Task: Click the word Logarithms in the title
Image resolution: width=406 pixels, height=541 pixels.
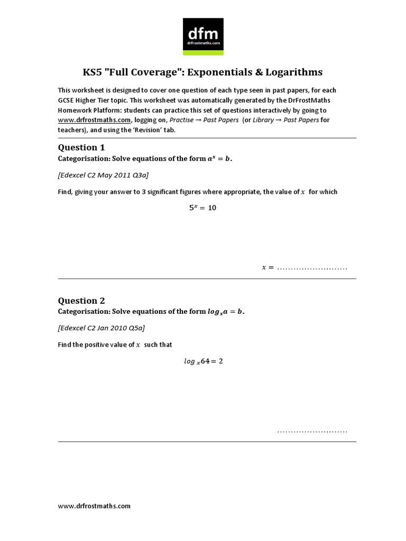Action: [292, 72]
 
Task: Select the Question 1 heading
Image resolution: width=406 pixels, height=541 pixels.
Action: [78, 147]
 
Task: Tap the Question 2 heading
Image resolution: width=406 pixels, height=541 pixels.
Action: [78, 301]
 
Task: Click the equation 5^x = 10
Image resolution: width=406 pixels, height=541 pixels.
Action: [203, 208]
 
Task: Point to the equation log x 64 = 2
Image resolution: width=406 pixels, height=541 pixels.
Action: [203, 361]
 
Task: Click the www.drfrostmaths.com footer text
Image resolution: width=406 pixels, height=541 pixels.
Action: [94, 506]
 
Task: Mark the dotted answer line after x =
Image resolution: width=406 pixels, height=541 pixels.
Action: [312, 268]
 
